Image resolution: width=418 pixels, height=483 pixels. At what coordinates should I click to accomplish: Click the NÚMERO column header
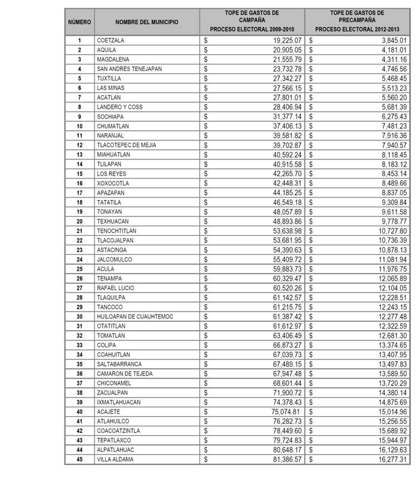tap(79, 21)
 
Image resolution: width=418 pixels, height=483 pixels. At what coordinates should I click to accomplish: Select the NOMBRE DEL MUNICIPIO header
tap(147, 21)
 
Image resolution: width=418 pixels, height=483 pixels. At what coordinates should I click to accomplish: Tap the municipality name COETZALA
tap(110, 40)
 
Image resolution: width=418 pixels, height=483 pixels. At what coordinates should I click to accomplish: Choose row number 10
tap(79, 126)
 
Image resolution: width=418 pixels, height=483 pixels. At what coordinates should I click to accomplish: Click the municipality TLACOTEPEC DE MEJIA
tap(126, 145)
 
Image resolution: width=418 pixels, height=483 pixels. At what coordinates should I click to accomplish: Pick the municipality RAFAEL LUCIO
tap(115, 288)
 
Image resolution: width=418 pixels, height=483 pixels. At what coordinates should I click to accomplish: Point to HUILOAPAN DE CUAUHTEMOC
tap(134, 316)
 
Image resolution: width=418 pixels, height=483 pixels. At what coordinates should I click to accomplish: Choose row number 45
tap(79, 459)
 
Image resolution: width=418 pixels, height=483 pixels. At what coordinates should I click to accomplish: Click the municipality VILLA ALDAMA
tap(115, 459)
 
